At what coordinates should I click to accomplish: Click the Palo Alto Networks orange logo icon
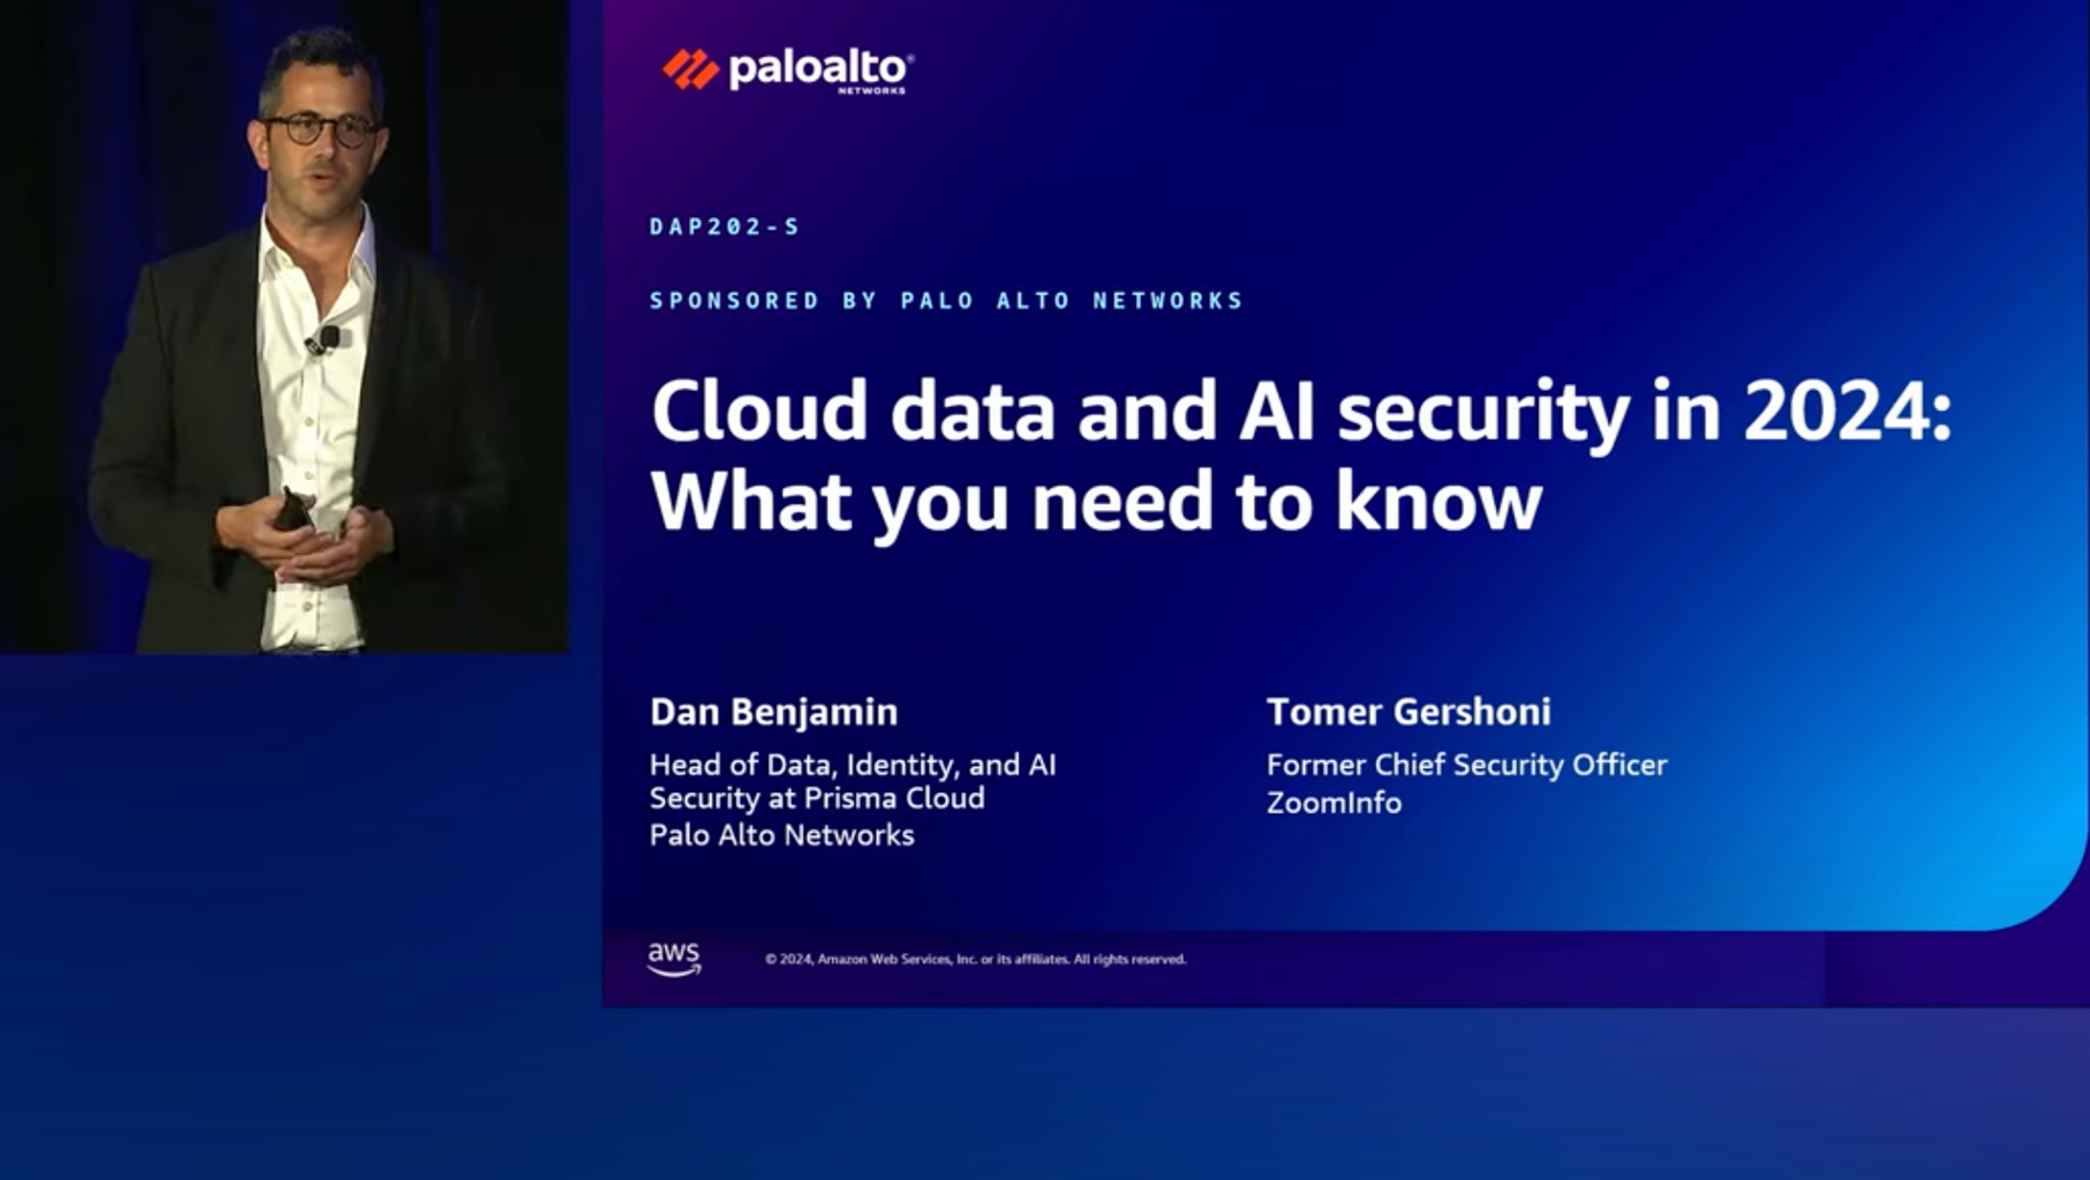690,69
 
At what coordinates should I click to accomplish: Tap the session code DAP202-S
725,226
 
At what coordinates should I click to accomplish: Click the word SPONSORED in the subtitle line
734,301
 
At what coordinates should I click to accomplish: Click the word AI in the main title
1276,413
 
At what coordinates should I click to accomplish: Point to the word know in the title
1439,502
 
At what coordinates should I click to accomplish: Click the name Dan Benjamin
774,712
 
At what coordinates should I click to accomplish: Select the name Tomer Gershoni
1409,712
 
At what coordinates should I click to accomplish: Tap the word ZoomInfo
1334,803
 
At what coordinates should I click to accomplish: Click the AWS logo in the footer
674,958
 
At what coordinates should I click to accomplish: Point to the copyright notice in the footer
975,959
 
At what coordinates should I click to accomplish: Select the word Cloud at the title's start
759,413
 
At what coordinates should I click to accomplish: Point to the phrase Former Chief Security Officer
1467,764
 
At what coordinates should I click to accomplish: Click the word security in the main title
1483,413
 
